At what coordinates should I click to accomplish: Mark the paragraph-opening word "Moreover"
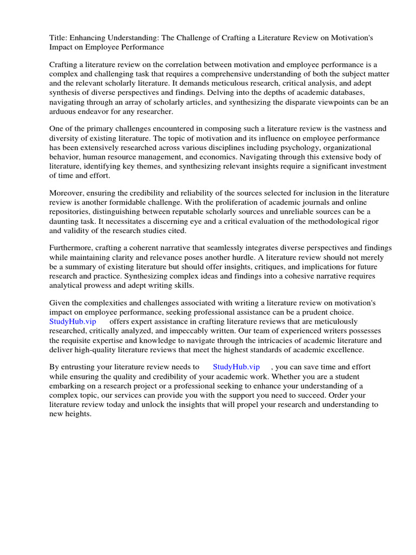(x=67, y=193)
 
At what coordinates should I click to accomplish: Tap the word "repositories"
(x=70, y=212)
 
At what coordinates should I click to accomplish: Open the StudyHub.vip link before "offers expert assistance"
(x=73, y=322)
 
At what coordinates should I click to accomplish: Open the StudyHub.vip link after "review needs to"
(x=237, y=367)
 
